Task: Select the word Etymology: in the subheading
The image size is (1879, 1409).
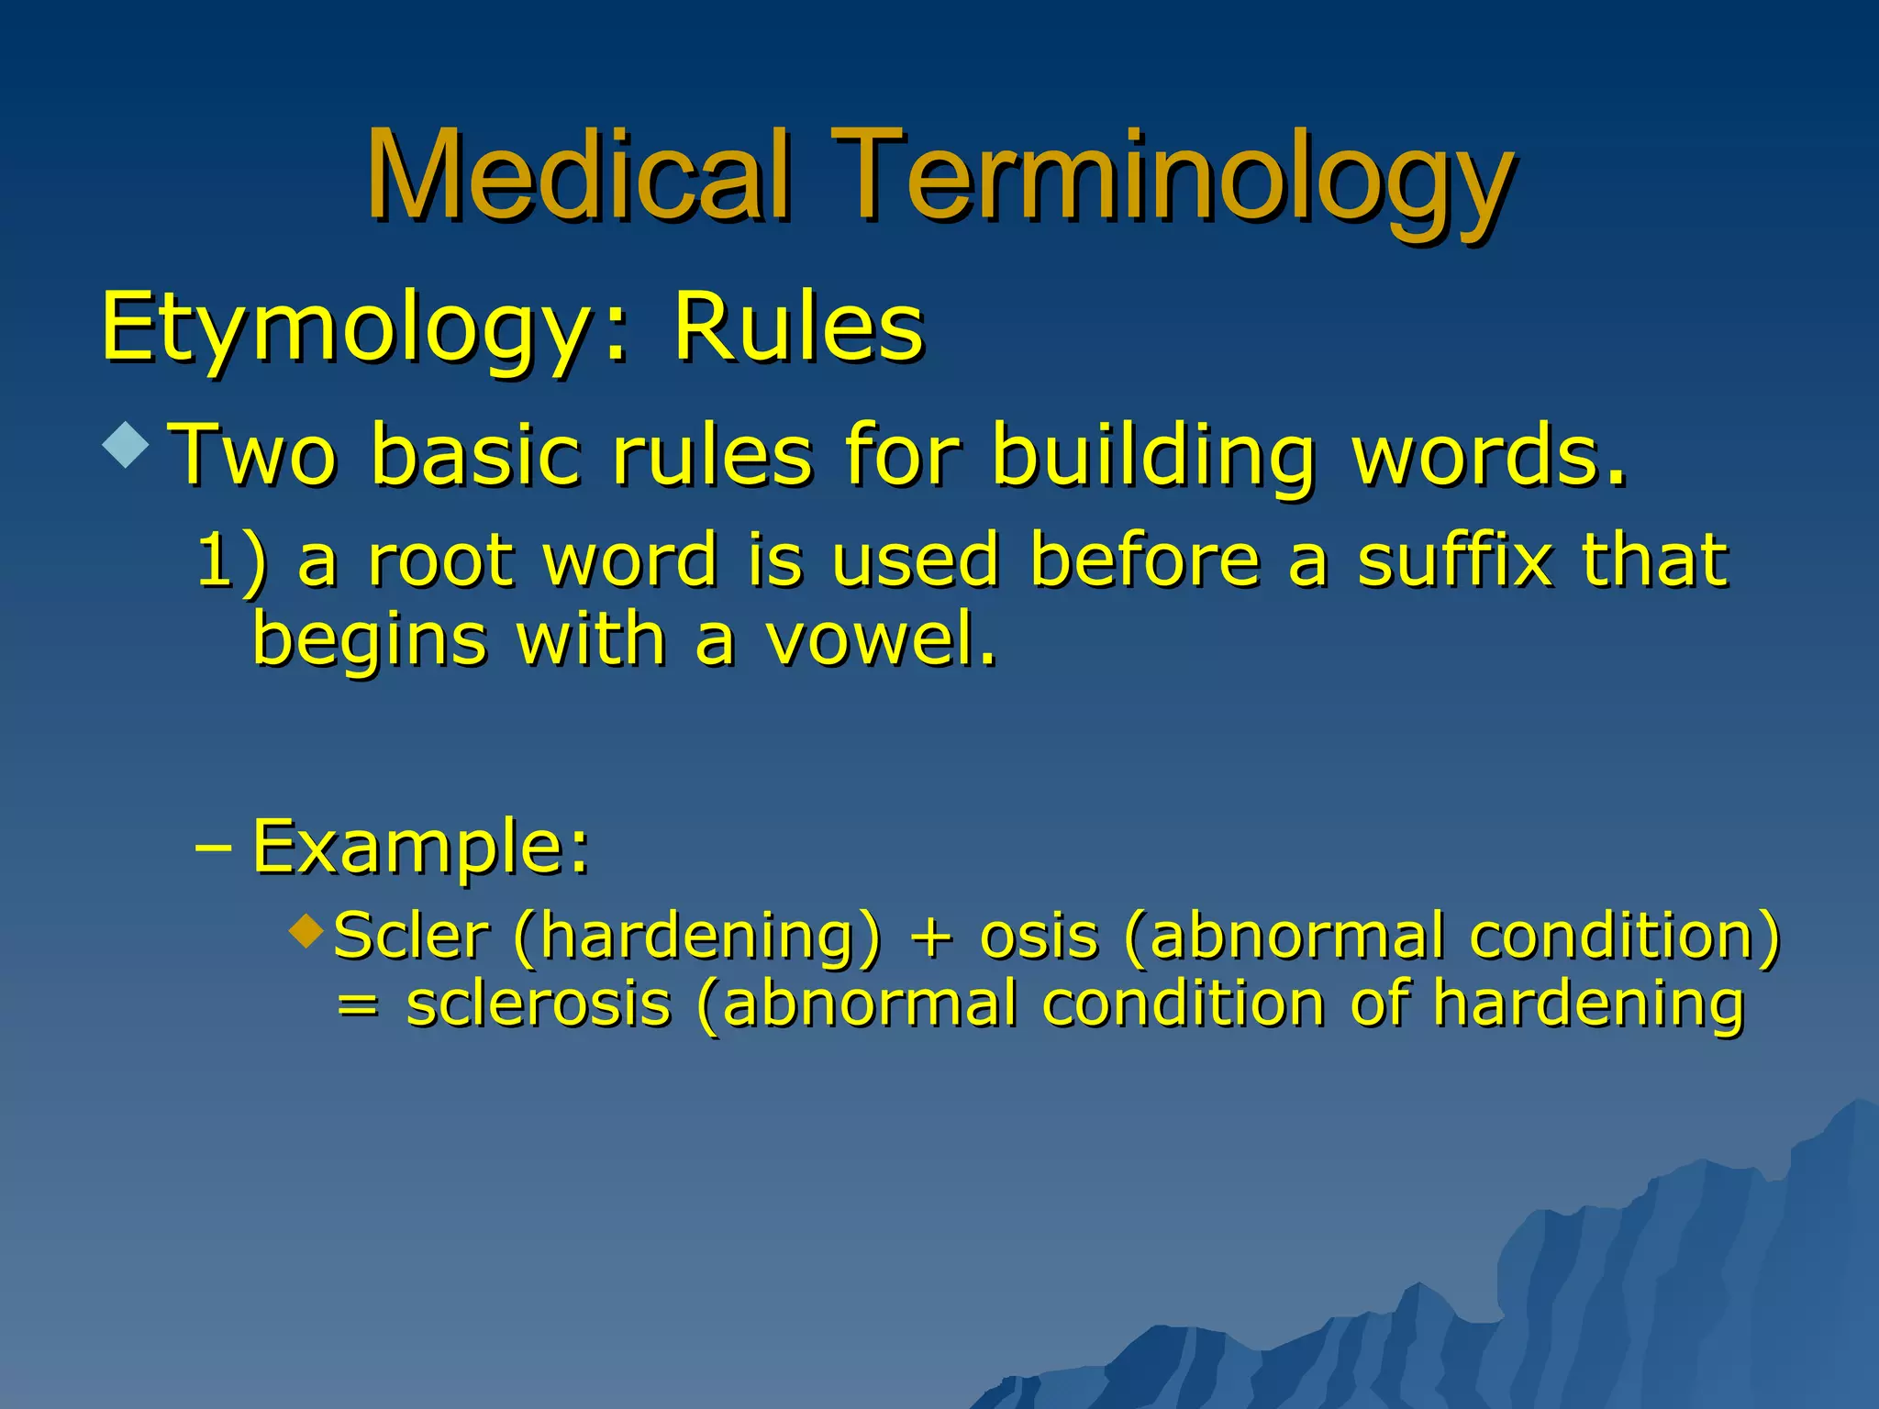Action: pos(365,328)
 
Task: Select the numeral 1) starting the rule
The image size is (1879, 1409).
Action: pos(232,560)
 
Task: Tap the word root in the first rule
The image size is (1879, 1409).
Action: pos(439,560)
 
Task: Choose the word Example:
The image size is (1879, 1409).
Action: pos(420,846)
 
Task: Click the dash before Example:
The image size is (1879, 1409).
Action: pos(212,848)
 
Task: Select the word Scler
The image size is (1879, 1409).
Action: pos(410,937)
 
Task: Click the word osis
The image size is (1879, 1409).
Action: pos(1039,937)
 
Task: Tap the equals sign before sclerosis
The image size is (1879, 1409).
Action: pos(357,1005)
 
